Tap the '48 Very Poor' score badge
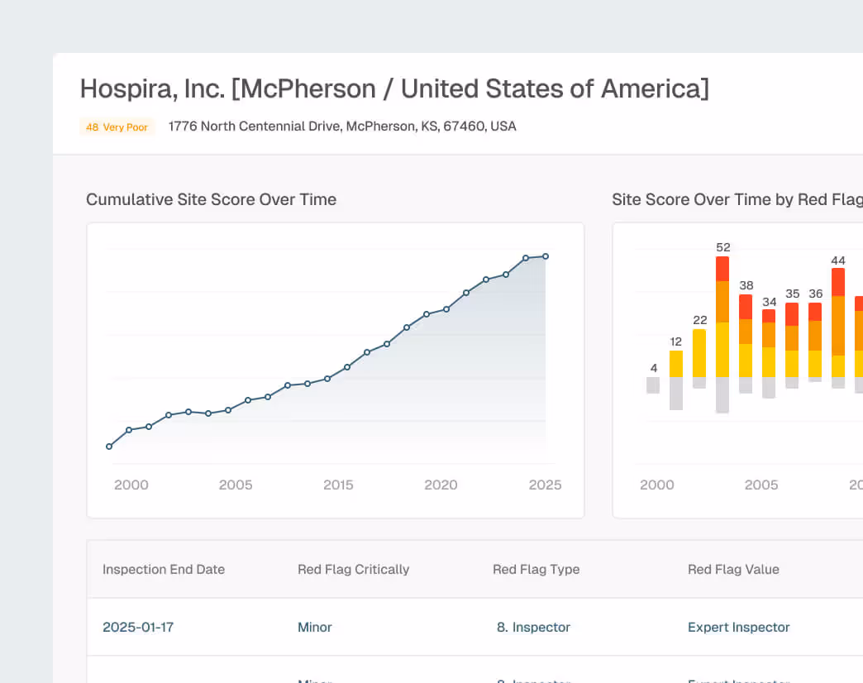pos(117,127)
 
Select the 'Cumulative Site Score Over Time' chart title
pos(211,199)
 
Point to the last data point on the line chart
pos(546,256)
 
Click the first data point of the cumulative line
pos(109,447)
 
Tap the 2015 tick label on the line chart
pos(338,485)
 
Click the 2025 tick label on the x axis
pos(545,485)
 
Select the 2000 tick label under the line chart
pos(131,485)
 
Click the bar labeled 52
pos(722,331)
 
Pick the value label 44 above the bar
pos(838,260)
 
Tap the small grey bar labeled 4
pos(653,385)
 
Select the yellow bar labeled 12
pos(676,365)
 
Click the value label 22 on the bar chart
pos(699,320)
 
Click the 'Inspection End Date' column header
pos(164,569)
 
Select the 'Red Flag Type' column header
pos(536,569)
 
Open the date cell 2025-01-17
pos(138,627)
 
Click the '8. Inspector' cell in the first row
pos(533,627)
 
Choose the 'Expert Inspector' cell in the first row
pos(738,627)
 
